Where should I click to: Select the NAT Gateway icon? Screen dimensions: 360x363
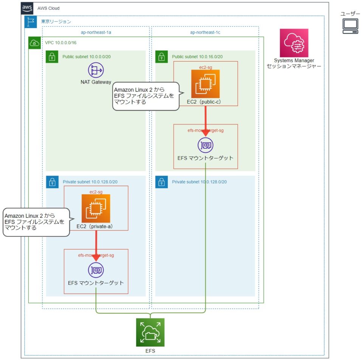pos(96,71)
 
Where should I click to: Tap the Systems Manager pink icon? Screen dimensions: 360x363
pos(294,43)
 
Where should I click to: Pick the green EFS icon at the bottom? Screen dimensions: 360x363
pos(150,332)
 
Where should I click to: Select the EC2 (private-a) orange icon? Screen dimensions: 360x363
pos(96,208)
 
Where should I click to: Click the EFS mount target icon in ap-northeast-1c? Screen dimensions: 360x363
pos(205,145)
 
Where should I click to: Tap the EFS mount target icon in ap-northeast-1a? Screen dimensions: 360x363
pos(96,270)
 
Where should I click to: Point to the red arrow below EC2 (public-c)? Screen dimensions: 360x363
pos(205,121)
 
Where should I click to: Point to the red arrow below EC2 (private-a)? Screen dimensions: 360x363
pos(96,246)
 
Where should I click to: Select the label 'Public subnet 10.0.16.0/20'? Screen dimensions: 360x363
pos(197,57)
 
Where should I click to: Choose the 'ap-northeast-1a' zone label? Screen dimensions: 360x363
pos(96,32)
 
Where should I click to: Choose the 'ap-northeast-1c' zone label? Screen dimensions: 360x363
pos(205,32)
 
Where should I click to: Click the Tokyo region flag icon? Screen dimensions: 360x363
pos(30,22)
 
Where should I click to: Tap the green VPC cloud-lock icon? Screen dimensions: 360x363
pos(35,43)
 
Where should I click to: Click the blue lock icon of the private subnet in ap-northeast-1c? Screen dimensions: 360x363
pos(161,182)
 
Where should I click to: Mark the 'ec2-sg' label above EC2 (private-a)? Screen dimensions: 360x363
pos(96,192)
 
